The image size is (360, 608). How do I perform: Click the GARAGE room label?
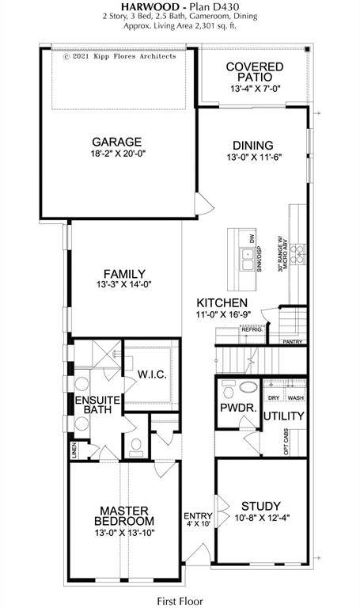[x=116, y=142]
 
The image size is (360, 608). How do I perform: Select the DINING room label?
[x=252, y=145]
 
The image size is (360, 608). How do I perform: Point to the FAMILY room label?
[x=123, y=274]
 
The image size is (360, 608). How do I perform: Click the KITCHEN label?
[x=222, y=303]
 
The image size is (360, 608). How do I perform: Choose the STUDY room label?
[x=262, y=506]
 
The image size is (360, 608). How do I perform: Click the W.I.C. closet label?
[x=151, y=374]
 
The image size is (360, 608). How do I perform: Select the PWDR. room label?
[x=236, y=410]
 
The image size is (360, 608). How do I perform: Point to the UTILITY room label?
[x=284, y=416]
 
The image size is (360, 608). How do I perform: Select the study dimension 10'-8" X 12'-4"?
[x=262, y=519]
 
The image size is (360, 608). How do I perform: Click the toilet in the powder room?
[x=228, y=390]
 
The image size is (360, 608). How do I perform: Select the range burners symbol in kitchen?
[x=298, y=253]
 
